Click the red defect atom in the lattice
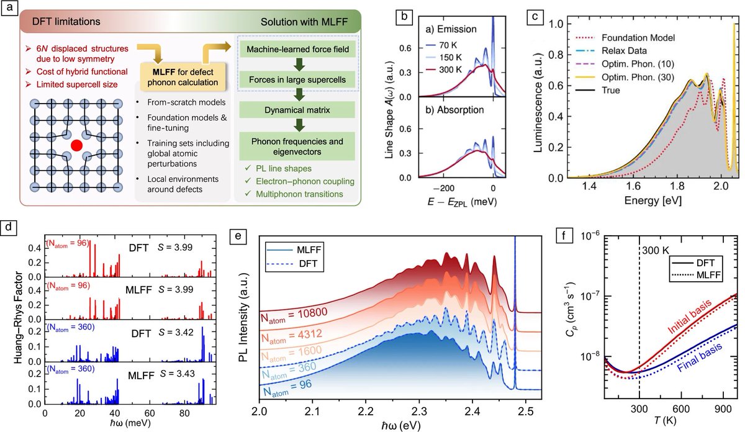click(x=76, y=145)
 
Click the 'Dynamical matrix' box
click(x=297, y=110)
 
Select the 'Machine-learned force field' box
click(x=297, y=49)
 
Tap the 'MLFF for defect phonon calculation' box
click(x=183, y=77)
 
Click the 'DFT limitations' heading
click(x=66, y=22)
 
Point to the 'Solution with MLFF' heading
click(x=304, y=22)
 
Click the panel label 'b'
click(x=404, y=17)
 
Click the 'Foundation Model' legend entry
click(x=625, y=38)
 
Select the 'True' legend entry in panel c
click(x=598, y=90)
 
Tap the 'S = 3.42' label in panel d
click(x=176, y=333)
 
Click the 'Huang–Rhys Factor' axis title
click(x=18, y=318)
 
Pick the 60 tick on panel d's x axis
click(x=150, y=413)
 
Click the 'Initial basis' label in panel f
click(x=690, y=317)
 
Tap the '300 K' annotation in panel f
click(x=655, y=251)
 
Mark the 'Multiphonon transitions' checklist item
click(x=294, y=194)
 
